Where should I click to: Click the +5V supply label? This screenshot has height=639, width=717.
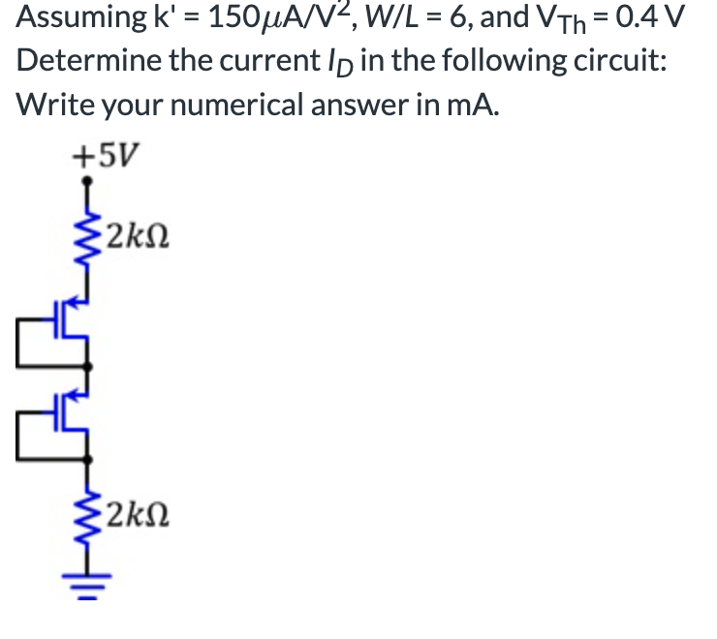click(x=106, y=154)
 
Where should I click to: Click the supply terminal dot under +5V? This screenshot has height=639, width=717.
click(x=87, y=180)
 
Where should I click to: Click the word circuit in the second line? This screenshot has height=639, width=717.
click(x=620, y=60)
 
